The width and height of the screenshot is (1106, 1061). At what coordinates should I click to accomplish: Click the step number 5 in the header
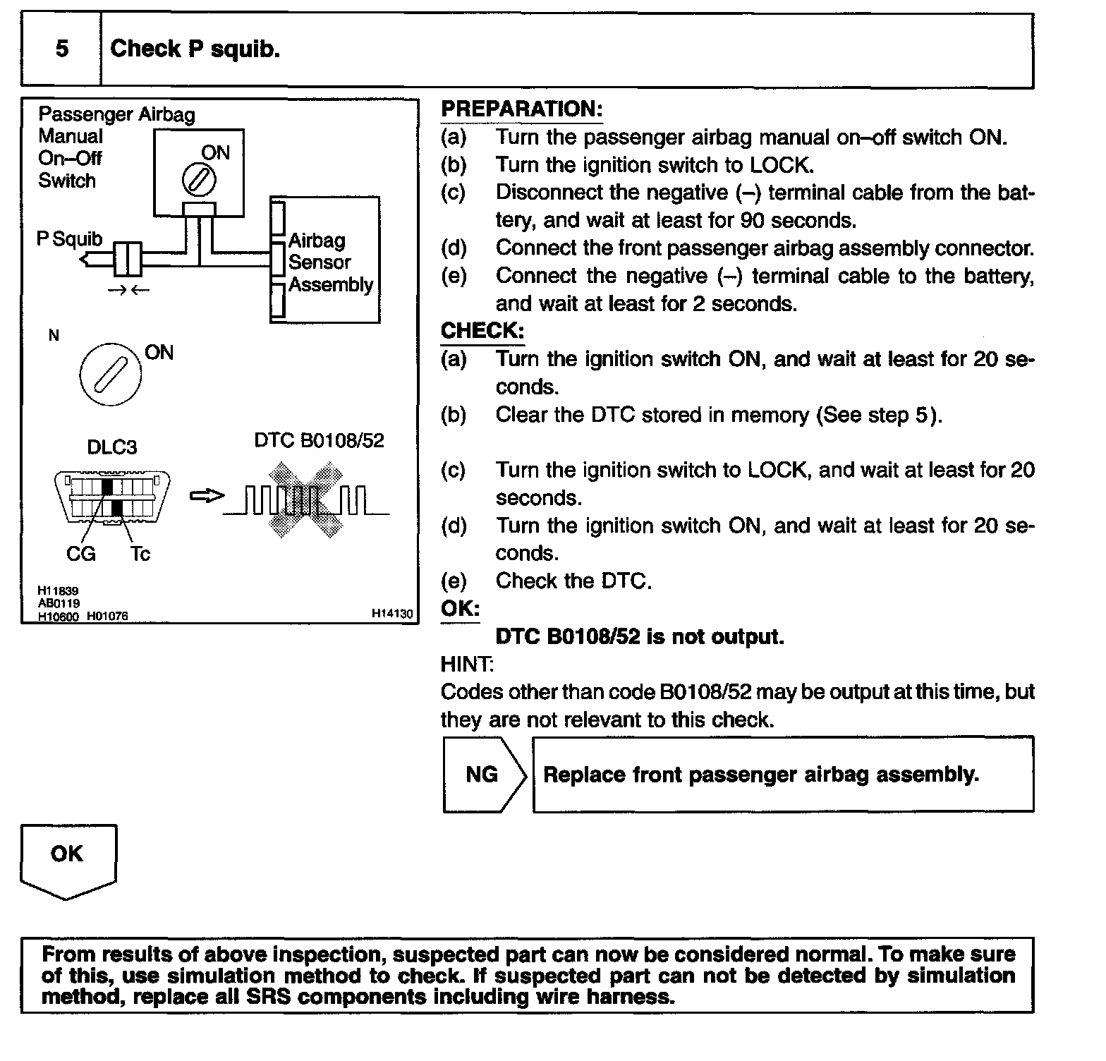62,49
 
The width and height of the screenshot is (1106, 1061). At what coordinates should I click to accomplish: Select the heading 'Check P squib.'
195,49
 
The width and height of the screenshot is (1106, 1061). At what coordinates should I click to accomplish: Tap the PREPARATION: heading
521,109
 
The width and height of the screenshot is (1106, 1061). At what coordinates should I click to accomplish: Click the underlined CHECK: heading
482,331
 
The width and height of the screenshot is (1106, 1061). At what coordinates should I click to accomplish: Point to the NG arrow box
484,775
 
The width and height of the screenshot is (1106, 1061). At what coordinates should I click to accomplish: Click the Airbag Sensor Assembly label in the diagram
330,262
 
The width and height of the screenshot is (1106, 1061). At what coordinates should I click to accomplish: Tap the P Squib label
69,240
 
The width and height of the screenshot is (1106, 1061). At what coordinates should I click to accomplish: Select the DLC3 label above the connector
111,447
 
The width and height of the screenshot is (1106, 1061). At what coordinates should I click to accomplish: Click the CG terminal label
80,554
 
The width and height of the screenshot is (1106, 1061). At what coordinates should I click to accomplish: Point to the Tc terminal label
140,554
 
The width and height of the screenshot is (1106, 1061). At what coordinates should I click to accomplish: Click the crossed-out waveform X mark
305,499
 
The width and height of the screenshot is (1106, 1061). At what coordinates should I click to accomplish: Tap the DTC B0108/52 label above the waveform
319,441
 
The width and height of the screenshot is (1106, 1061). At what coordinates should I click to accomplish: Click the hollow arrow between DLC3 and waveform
207,497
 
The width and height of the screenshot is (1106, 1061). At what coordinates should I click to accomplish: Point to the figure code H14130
392,614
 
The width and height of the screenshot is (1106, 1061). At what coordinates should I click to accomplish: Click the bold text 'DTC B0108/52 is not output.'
640,637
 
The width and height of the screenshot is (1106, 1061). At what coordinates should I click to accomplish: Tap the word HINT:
467,665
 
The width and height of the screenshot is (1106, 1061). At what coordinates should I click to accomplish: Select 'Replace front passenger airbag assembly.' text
761,775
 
